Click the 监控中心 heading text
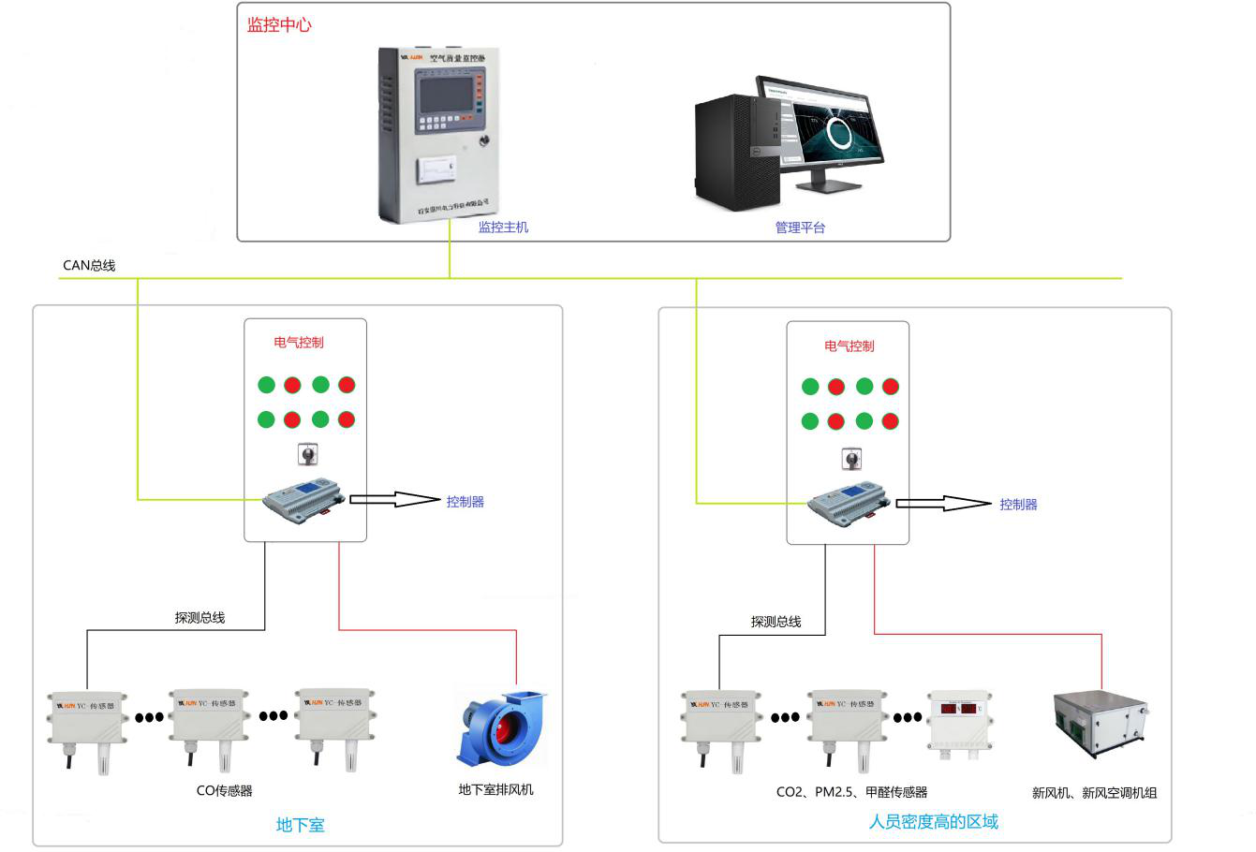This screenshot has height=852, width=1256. click(x=278, y=25)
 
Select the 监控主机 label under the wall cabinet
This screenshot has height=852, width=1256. click(x=503, y=227)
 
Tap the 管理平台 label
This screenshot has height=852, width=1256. click(x=800, y=228)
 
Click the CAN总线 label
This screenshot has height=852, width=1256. click(x=89, y=265)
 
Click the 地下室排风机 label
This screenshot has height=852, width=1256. click(x=495, y=789)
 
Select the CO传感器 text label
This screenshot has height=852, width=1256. click(x=224, y=790)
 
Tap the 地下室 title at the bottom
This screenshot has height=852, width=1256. click(x=300, y=825)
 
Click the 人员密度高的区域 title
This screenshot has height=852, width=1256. click(x=933, y=822)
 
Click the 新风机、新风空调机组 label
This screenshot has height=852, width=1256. click(x=1094, y=793)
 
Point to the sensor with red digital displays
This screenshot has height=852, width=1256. click(x=959, y=721)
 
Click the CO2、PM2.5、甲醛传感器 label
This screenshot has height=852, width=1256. click(x=851, y=792)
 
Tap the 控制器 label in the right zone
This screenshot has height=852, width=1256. click(x=1018, y=504)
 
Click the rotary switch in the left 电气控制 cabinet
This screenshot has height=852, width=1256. click(x=306, y=456)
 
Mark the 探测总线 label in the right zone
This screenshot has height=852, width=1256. click(x=776, y=622)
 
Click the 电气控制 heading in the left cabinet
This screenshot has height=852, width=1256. click(x=299, y=343)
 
